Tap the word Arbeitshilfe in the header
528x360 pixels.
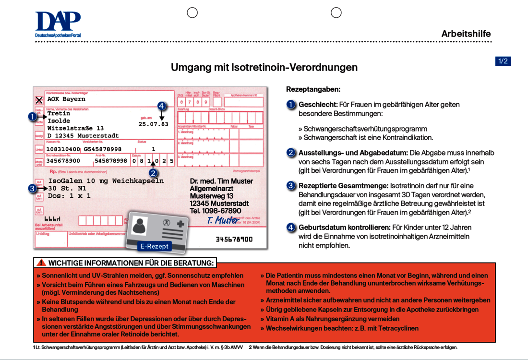pyautogui.click(x=466, y=34)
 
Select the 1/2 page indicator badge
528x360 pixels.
pyautogui.click(x=503, y=61)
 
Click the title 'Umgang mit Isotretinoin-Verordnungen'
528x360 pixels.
pyautogui.click(x=264, y=67)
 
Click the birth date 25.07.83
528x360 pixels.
pyautogui.click(x=154, y=124)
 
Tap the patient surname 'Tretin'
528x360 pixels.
pyautogui.click(x=59, y=114)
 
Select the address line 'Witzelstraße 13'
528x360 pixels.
pyautogui.click(x=75, y=129)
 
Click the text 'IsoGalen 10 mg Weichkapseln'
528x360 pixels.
pyautogui.click(x=106, y=181)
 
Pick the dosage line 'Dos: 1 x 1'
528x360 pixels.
pyautogui.click(x=69, y=196)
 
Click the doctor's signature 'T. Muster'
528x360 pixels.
pyautogui.click(x=223, y=220)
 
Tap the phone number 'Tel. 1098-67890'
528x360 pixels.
pyautogui.click(x=216, y=211)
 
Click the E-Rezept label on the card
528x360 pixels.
pyautogui.click(x=154, y=246)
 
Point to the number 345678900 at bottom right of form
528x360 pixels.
pyautogui.click(x=234, y=239)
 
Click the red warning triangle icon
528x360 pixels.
pyautogui.click(x=41, y=263)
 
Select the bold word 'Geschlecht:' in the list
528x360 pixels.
pyautogui.click(x=318, y=105)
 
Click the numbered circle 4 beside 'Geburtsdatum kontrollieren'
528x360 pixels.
pyautogui.click(x=291, y=228)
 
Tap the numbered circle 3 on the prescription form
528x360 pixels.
pyautogui.click(x=32, y=189)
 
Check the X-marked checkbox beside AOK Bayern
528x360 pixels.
pyautogui.click(x=39, y=100)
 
